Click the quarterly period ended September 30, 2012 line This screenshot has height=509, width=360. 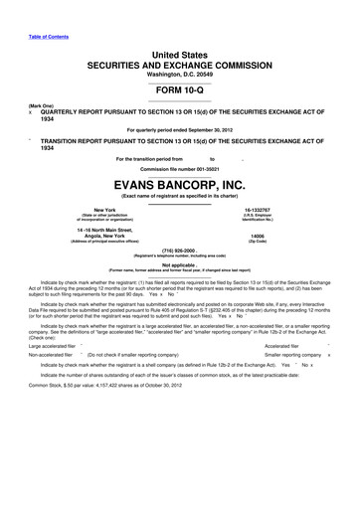click(x=179, y=130)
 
